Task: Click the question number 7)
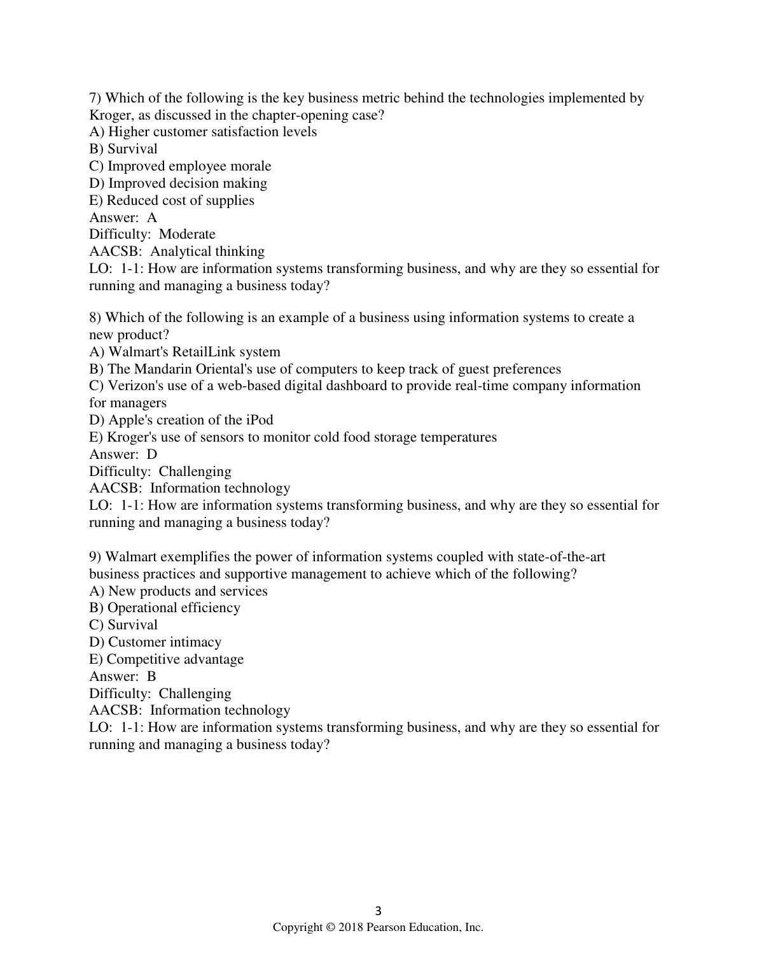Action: (x=95, y=98)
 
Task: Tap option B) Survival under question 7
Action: (x=123, y=149)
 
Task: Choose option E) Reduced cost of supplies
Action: (x=172, y=200)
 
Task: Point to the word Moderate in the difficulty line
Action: (x=187, y=234)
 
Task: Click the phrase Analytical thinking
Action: (x=207, y=251)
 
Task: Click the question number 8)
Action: (x=95, y=318)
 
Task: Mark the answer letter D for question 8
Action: (x=151, y=454)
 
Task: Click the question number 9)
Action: (x=95, y=557)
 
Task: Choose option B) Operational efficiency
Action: (x=165, y=608)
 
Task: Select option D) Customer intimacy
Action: (x=155, y=642)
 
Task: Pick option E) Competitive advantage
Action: (x=167, y=659)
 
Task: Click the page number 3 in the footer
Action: (x=378, y=910)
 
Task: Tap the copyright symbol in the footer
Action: (x=330, y=928)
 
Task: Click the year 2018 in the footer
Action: (x=351, y=928)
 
